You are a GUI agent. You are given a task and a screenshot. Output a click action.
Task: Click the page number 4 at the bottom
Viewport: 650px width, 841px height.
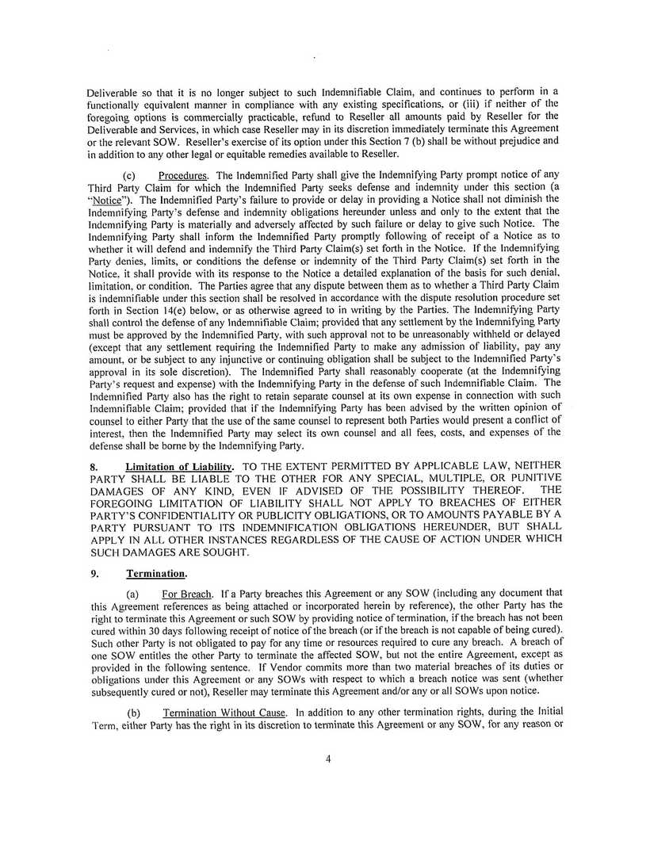(x=328, y=759)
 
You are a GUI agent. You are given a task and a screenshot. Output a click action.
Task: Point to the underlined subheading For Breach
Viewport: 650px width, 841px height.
(x=187, y=594)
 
